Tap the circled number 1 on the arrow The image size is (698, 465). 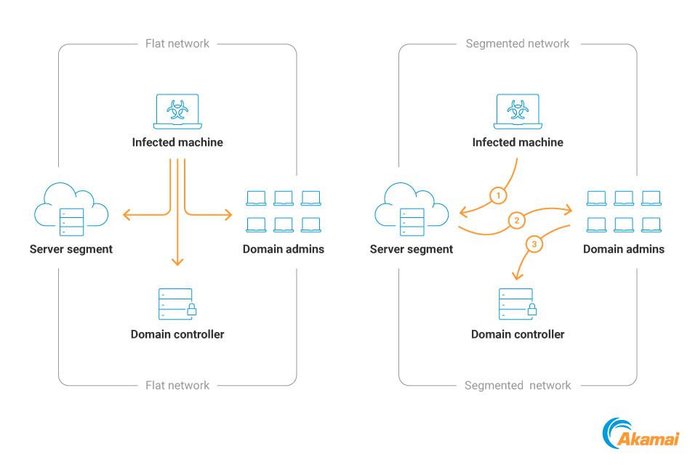[497, 195]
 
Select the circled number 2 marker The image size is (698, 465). [516, 220]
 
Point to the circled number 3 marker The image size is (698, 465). [534, 244]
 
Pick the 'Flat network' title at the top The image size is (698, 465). [177, 44]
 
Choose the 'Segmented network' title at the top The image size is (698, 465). [518, 44]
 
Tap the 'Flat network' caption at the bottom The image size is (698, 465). [177, 385]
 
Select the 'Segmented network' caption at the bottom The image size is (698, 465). [518, 385]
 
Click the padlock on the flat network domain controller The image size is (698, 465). [191, 310]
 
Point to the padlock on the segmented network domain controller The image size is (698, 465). [531, 310]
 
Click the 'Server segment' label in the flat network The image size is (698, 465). [71, 249]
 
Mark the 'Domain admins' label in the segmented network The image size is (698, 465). [624, 249]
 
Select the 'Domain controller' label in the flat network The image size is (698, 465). [177, 334]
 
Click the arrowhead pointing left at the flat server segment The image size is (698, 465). [127, 214]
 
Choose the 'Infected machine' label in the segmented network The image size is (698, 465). [518, 142]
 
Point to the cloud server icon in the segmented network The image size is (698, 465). [412, 210]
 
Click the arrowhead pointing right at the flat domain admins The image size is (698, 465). [228, 214]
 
